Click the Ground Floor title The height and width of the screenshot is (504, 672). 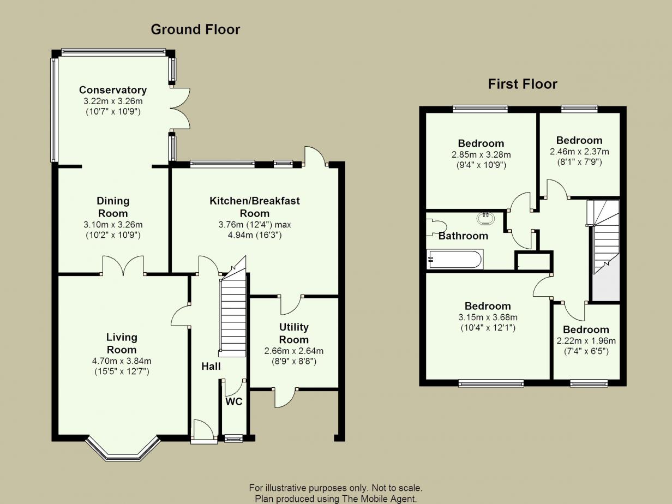195,29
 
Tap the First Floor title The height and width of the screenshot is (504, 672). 523,84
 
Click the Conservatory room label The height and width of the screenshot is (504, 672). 113,90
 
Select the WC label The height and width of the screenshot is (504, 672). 234,401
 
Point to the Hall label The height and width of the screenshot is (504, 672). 211,367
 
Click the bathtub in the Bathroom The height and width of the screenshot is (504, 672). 454,260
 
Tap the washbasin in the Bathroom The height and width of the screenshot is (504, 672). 485,219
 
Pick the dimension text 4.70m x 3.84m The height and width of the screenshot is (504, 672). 122,361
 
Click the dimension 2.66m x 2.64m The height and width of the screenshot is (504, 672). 294,351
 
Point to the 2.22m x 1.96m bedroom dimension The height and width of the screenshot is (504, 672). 586,340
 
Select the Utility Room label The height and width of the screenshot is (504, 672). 294,333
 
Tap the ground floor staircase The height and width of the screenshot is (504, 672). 233,309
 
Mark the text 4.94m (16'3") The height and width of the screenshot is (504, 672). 255,235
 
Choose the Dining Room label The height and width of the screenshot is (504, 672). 113,207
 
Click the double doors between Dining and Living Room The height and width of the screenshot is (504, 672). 123,265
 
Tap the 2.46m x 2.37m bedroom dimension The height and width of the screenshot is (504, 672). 579,152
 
